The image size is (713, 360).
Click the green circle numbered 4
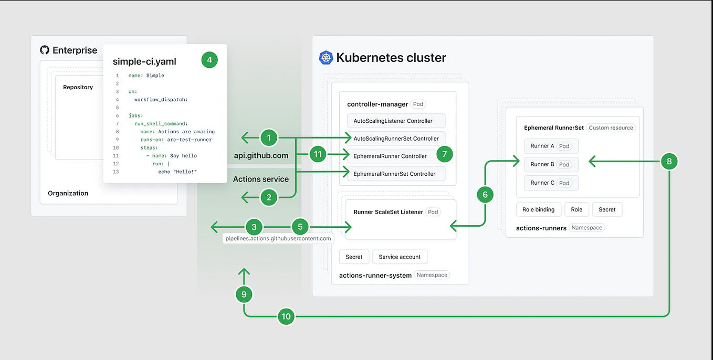(209, 60)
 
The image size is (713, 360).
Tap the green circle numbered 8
(669, 162)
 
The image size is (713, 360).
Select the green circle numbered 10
(286, 316)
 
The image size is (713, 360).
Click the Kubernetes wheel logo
(326, 58)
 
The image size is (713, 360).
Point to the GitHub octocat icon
(45, 50)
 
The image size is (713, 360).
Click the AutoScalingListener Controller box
(396, 121)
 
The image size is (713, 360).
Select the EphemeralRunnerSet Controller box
(396, 174)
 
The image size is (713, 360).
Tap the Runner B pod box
(551, 164)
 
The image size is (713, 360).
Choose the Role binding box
(538, 209)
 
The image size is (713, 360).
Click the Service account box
(400, 257)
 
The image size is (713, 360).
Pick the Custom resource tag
(611, 128)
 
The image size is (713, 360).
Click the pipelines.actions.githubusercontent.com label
(278, 238)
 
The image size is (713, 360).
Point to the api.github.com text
(261, 155)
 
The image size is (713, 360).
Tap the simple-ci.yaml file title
(144, 61)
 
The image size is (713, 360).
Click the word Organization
(68, 193)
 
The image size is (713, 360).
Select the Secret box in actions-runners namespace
(607, 209)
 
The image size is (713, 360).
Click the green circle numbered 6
(485, 195)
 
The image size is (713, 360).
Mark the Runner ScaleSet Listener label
(388, 212)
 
